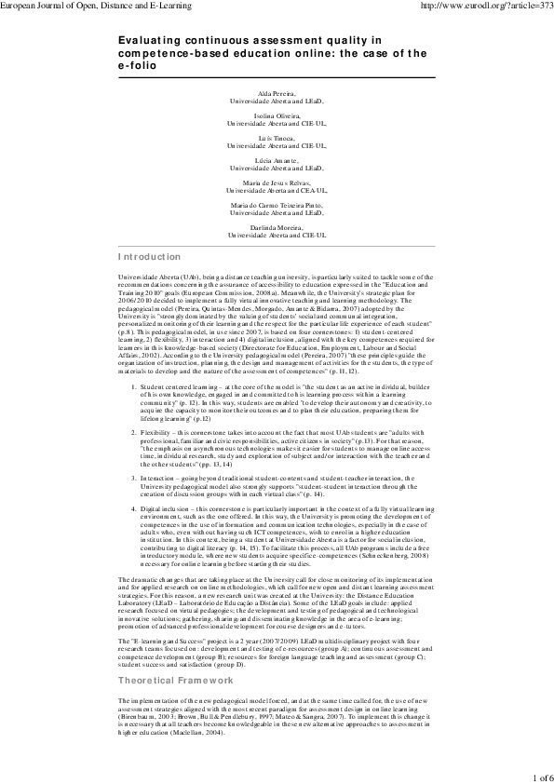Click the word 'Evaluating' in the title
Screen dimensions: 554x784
[x=152, y=43]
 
